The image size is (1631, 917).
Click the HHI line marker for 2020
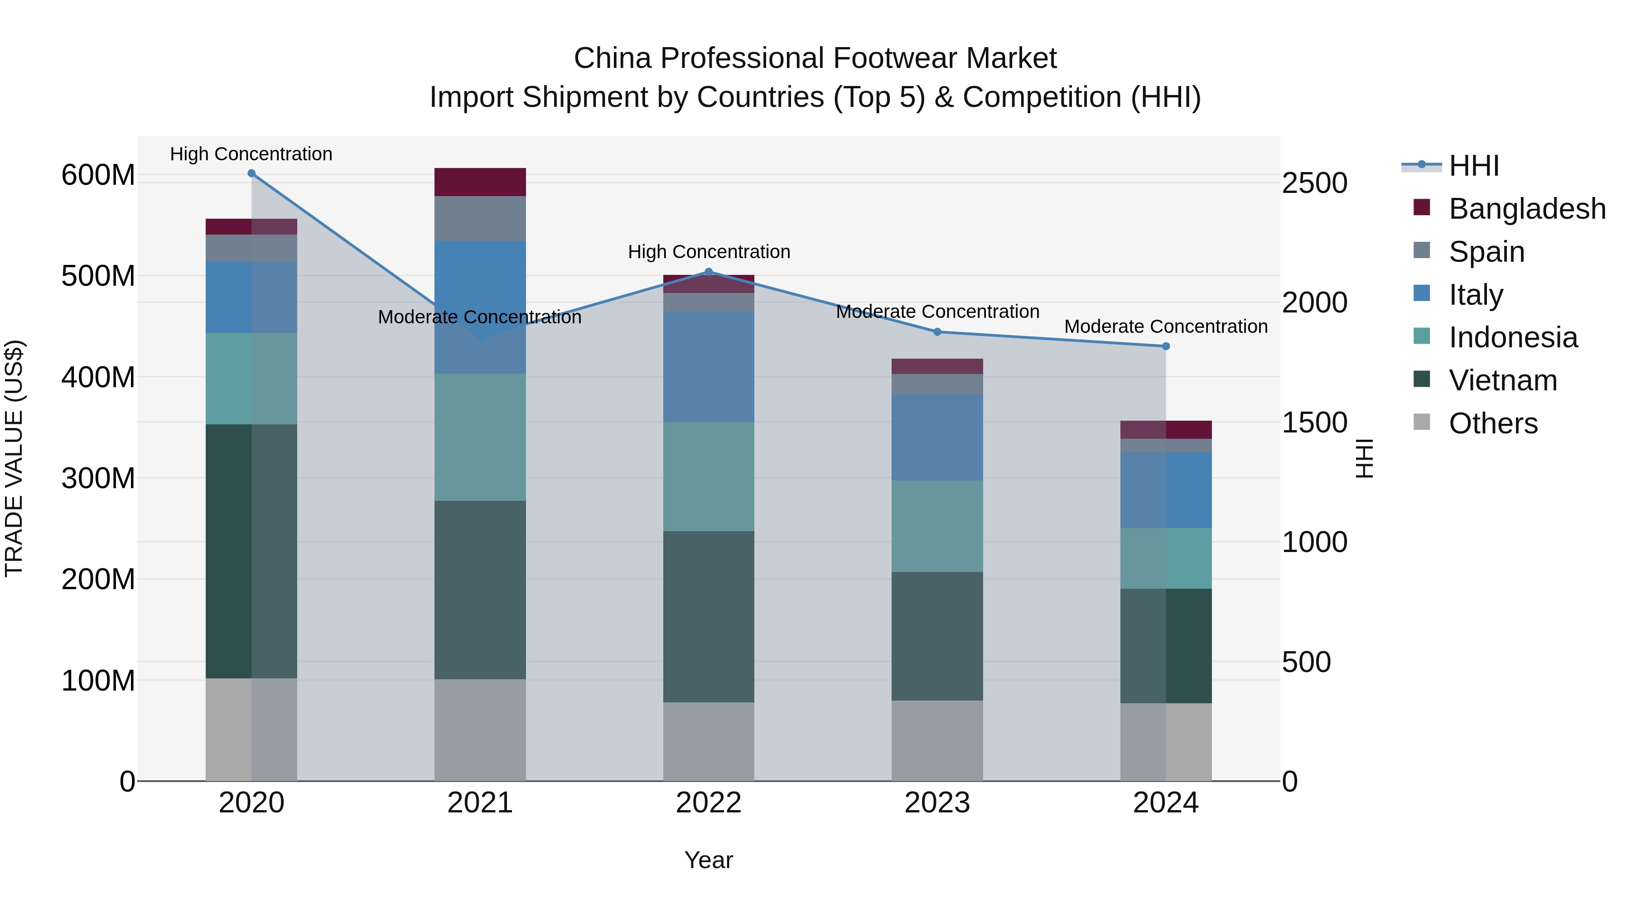[251, 173]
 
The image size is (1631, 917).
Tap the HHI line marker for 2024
[1166, 346]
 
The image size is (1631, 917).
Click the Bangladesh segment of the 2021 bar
[480, 182]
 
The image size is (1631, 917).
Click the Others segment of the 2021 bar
[480, 730]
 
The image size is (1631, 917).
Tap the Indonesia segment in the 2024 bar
[1166, 558]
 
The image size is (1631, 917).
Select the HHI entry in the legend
[1473, 166]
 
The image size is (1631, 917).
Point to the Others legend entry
[1492, 423]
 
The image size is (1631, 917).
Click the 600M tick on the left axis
[98, 175]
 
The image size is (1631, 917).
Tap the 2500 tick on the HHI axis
[1314, 183]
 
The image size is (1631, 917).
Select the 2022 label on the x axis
[709, 803]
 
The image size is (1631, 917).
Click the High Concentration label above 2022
[709, 252]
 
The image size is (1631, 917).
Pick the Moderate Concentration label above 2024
[1166, 326]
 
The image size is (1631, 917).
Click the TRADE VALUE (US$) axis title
[14, 458]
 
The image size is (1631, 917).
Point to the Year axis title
[709, 860]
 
